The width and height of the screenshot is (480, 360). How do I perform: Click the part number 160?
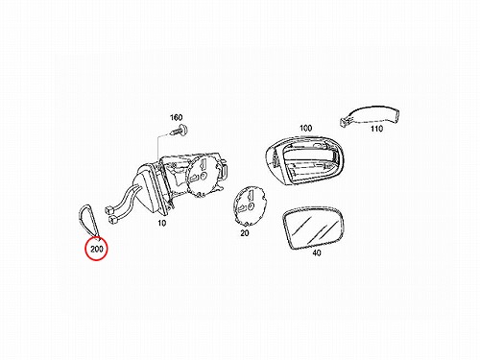click(176, 118)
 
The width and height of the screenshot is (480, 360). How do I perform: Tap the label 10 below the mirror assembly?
click(162, 223)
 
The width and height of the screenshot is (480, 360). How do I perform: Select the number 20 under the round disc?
click(245, 233)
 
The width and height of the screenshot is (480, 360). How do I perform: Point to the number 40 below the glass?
click(317, 252)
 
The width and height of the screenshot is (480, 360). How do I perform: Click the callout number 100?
click(305, 128)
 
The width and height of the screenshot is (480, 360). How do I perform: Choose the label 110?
click(376, 129)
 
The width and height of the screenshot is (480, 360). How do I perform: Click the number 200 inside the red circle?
click(97, 249)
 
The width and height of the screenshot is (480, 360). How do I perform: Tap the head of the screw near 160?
click(183, 130)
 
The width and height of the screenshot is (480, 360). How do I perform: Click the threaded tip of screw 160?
click(172, 132)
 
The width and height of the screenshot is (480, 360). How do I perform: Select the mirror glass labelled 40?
click(313, 228)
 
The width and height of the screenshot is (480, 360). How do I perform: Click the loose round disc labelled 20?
click(249, 205)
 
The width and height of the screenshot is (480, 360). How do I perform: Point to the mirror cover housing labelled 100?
click(305, 160)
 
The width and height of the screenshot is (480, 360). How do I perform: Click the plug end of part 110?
click(344, 121)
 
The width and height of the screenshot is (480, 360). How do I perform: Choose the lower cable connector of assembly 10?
click(112, 220)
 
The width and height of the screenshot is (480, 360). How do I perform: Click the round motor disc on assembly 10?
click(204, 175)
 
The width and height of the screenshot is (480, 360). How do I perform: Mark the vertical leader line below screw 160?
click(158, 147)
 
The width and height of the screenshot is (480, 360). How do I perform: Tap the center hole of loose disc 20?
click(251, 205)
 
